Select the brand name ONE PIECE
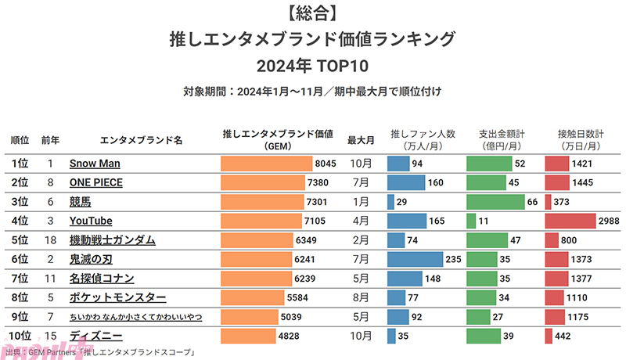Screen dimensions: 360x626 (96, 182)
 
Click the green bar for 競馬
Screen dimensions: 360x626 (495, 202)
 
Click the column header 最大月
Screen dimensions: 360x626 (361, 140)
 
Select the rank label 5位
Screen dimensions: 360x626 (20, 240)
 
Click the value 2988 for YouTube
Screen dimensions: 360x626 (609, 221)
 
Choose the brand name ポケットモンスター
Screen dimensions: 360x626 (117, 297)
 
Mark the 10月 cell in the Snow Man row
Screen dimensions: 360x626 (361, 164)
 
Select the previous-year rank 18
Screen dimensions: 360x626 (50, 240)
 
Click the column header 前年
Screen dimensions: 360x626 (50, 140)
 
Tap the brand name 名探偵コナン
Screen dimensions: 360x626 (102, 279)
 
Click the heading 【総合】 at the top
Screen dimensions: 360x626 (312, 13)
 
